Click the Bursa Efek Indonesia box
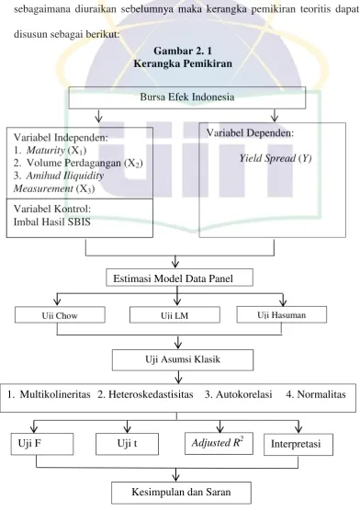pyautogui.click(x=187, y=97)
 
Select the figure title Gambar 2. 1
pyautogui.click(x=183, y=51)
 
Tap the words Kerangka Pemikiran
pyautogui.click(x=183, y=63)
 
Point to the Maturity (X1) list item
pyautogui.click(x=51, y=150)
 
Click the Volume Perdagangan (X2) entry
pyautogui.click(x=78, y=163)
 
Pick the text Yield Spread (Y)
pyautogui.click(x=276, y=158)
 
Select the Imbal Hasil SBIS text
pyautogui.click(x=52, y=221)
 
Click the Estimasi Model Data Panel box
pyautogui.click(x=179, y=278)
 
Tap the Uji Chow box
pyautogui.click(x=60, y=315)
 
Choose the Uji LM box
pyautogui.click(x=174, y=315)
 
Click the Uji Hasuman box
pyautogui.click(x=282, y=314)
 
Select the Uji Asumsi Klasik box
pyautogui.click(x=183, y=360)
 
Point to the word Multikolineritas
pyautogui.click(x=55, y=394)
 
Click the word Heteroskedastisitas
pyautogui.click(x=151, y=394)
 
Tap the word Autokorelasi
pyautogui.click(x=244, y=394)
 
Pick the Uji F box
pyautogui.click(x=42, y=444)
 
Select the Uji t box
pyautogui.click(x=127, y=444)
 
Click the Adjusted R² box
pyautogui.click(x=219, y=443)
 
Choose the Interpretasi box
pyautogui.click(x=298, y=444)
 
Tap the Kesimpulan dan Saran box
pyautogui.click(x=182, y=493)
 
